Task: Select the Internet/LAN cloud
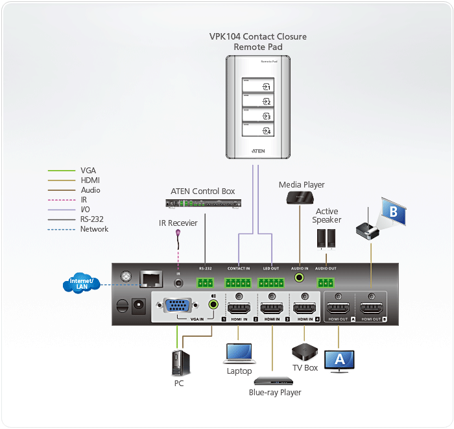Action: click(x=82, y=284)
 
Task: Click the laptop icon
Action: click(x=239, y=353)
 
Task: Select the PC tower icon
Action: click(x=179, y=363)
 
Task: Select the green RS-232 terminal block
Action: click(x=206, y=282)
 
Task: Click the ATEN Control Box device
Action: click(x=203, y=202)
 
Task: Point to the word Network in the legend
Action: click(x=94, y=229)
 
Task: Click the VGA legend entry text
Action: click(x=88, y=171)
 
